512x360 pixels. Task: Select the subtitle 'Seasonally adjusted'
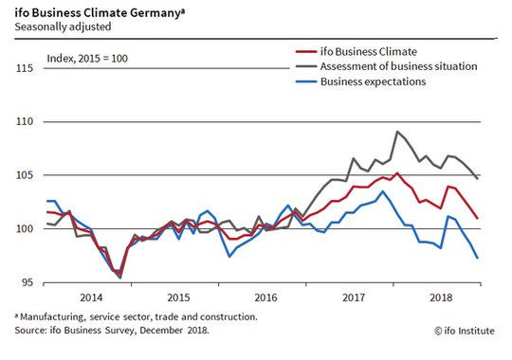(63, 27)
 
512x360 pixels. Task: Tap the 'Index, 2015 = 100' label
(87, 59)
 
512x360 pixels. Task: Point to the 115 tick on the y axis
(25, 68)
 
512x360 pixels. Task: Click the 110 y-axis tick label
(25, 122)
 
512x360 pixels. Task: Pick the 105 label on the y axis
(25, 175)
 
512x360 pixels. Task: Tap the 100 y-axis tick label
(25, 229)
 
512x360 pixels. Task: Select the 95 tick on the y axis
(27, 282)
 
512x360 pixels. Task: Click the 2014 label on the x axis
(91, 297)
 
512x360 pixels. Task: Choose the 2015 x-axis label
(178, 297)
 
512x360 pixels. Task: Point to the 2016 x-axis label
(265, 297)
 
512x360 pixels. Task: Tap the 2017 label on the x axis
(354, 297)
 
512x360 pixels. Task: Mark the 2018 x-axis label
(441, 297)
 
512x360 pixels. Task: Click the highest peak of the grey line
(397, 131)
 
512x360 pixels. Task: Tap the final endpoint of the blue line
(478, 258)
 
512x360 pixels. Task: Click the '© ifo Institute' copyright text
(465, 331)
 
